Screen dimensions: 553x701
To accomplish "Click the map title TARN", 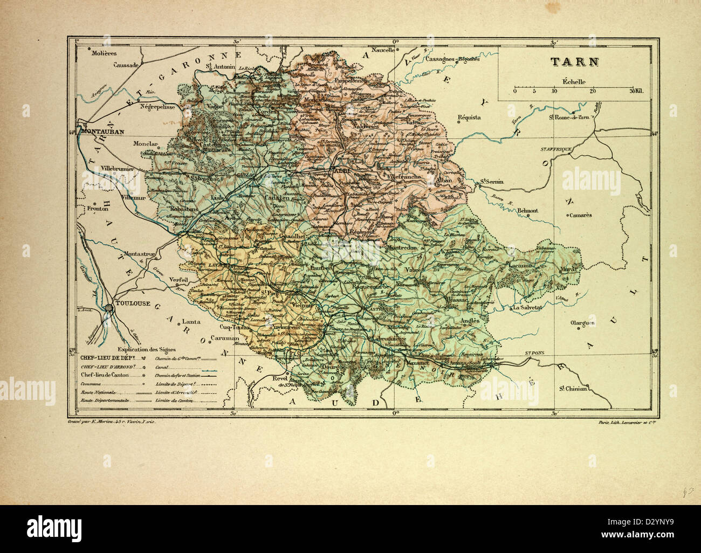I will [x=574, y=61].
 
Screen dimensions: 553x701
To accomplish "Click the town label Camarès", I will [x=579, y=215].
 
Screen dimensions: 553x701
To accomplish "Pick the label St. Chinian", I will [x=573, y=388].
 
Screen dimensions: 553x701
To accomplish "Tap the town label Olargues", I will [x=582, y=323].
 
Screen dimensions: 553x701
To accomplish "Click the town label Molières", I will [x=104, y=53].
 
